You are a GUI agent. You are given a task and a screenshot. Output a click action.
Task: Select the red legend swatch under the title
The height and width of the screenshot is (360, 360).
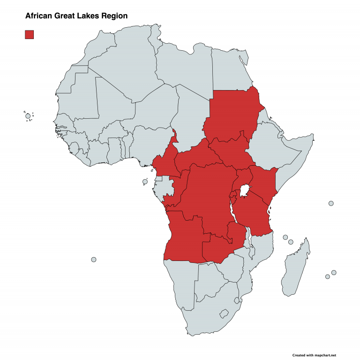29,34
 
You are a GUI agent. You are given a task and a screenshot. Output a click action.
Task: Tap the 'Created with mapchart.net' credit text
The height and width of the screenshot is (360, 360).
314,355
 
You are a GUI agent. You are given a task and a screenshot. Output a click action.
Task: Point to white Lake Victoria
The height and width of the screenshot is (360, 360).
244,191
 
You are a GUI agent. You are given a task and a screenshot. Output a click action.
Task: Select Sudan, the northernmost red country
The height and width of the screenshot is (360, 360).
232,113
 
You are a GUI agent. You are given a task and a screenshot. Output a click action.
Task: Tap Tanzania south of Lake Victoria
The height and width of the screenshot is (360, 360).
253,214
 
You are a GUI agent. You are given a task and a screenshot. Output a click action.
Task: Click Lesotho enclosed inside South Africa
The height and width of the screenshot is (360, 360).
224,312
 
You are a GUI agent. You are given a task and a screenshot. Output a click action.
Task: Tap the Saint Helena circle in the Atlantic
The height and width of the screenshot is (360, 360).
94,260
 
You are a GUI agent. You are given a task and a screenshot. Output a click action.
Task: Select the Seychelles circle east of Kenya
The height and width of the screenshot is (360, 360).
331,203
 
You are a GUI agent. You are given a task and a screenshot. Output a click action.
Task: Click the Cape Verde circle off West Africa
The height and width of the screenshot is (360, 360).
28,116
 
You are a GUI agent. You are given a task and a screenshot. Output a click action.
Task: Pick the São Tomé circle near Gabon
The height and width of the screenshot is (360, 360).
145,182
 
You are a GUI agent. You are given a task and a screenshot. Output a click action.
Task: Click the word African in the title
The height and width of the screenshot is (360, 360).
39,15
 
